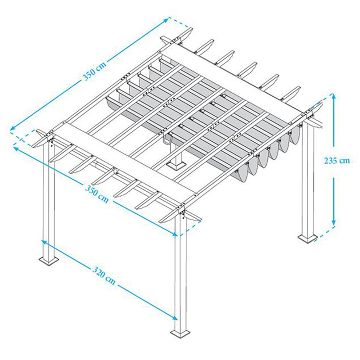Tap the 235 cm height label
click(x=337, y=160)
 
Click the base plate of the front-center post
click(x=181, y=333)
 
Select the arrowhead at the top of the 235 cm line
click(x=333, y=96)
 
